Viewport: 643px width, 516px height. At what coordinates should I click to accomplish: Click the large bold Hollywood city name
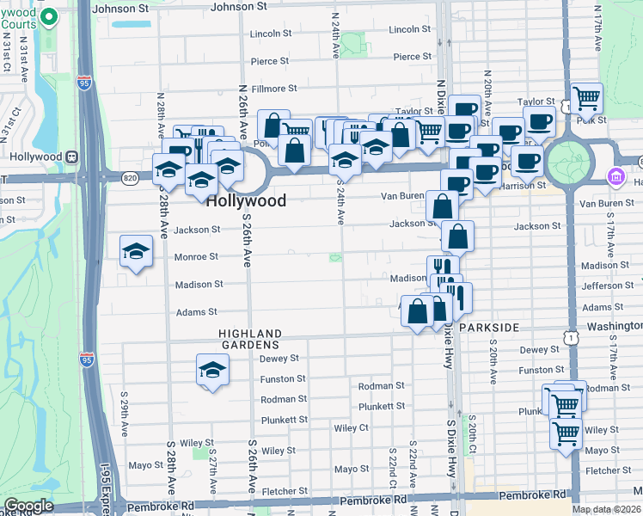(246, 200)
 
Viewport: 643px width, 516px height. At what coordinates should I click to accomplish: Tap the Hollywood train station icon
(72, 157)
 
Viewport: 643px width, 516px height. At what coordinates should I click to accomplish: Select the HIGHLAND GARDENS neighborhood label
(250, 339)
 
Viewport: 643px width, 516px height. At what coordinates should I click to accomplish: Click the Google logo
(28, 506)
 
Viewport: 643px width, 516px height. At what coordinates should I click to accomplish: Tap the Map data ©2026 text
(607, 509)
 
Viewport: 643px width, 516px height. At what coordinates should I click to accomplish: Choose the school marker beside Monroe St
(136, 251)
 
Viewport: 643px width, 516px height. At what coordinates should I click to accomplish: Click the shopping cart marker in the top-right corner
(587, 98)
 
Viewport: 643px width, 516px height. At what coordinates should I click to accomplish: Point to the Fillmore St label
(274, 89)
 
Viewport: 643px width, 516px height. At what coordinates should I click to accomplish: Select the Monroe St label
(196, 257)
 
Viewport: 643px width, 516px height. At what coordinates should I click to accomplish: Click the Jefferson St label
(607, 286)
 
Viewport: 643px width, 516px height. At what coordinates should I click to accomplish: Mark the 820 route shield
(130, 178)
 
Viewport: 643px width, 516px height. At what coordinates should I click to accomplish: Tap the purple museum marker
(615, 177)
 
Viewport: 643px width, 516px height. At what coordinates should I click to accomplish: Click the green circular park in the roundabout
(568, 162)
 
